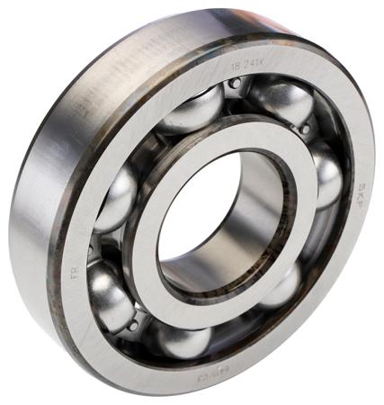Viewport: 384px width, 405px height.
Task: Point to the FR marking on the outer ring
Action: tap(75, 269)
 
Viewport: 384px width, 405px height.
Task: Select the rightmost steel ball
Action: tap(325, 175)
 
